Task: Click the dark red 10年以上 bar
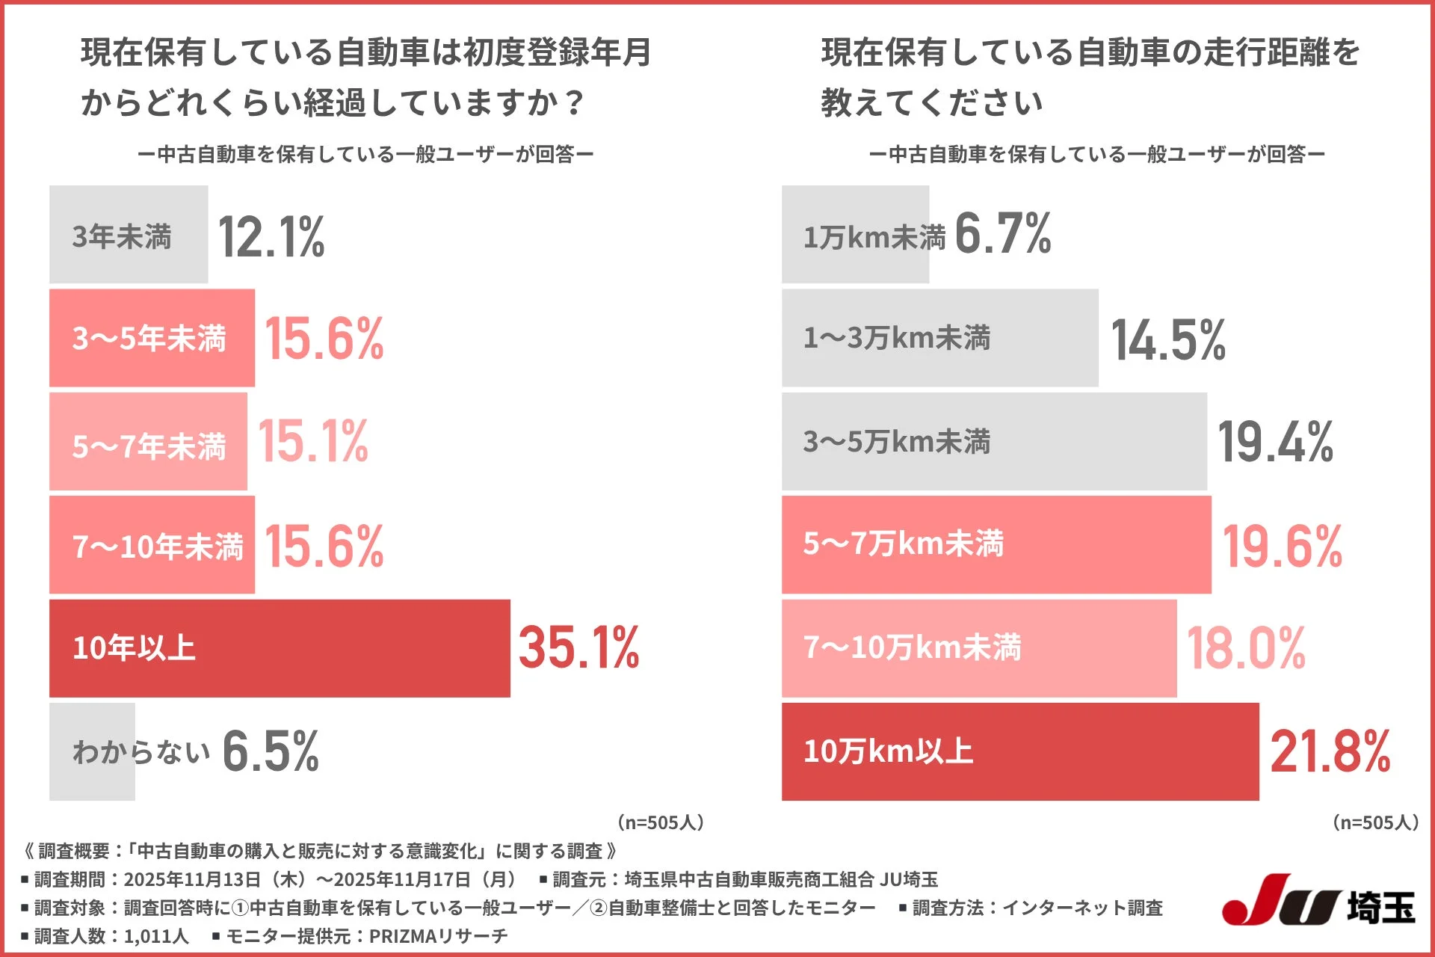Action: tap(280, 648)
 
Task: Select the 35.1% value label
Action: tap(578, 647)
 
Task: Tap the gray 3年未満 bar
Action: tap(129, 235)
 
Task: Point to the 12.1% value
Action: tap(271, 237)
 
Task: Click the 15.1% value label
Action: tap(312, 441)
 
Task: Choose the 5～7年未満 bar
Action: tap(148, 442)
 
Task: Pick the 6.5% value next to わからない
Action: tap(271, 751)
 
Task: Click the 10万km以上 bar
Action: tap(1020, 751)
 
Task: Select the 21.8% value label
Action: tap(1330, 751)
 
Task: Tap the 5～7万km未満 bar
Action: tap(996, 544)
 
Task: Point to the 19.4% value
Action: tap(1275, 442)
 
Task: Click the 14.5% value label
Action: tap(1168, 339)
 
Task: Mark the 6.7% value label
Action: tap(1002, 234)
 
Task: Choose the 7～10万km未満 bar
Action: tap(979, 648)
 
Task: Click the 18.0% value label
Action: tap(1246, 648)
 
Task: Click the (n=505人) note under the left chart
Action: tap(661, 822)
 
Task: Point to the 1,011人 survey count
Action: tap(155, 936)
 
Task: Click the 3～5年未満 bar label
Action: tap(149, 339)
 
